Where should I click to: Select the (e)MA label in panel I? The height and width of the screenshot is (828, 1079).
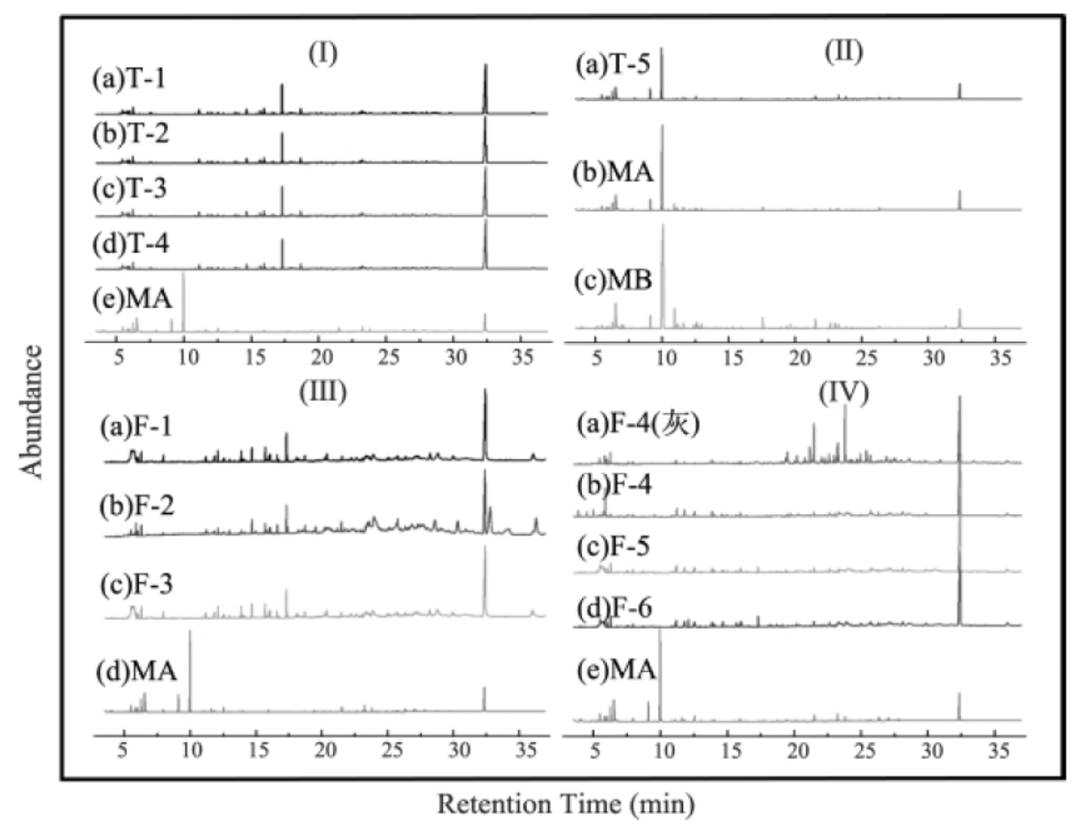tap(132, 299)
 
